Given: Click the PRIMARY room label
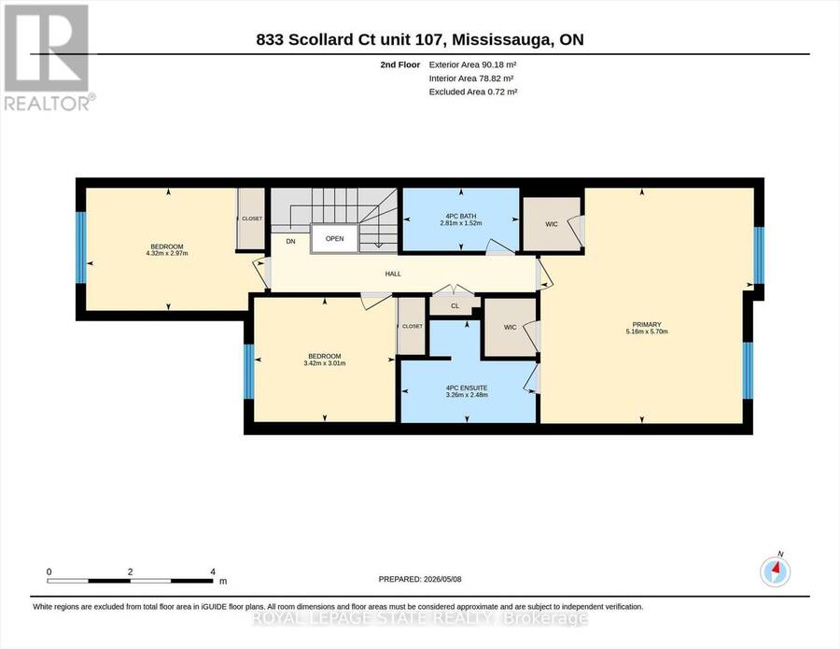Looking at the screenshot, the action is pyautogui.click(x=647, y=324).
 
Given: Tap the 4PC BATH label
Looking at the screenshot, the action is pyautogui.click(x=461, y=216).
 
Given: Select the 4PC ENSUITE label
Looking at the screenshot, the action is pyautogui.click(x=467, y=388).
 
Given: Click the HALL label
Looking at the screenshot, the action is pyautogui.click(x=393, y=274).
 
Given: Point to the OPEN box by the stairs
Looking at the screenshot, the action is pyautogui.click(x=334, y=239).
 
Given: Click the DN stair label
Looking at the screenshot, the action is pyautogui.click(x=290, y=242).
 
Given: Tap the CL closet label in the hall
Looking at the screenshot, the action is pyautogui.click(x=455, y=306).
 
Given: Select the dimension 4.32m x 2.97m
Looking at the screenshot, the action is pyautogui.click(x=167, y=253).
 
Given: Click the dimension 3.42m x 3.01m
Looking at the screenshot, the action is pyautogui.click(x=325, y=363).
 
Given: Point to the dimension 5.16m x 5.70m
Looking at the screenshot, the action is pyautogui.click(x=647, y=332).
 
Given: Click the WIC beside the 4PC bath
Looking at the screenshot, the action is pyautogui.click(x=552, y=224).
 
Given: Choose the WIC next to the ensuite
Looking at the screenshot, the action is pyautogui.click(x=510, y=328).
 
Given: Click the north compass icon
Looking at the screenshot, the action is pyautogui.click(x=776, y=571).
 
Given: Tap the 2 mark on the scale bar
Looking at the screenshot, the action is pyautogui.click(x=130, y=571).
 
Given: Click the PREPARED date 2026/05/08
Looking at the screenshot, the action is pyautogui.click(x=442, y=579).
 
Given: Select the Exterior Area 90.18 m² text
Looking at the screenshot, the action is pyautogui.click(x=472, y=64).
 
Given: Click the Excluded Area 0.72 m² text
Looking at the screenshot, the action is pyautogui.click(x=473, y=92).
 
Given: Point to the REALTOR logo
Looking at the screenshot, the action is pyautogui.click(x=48, y=57).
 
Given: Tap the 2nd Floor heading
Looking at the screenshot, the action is pyautogui.click(x=400, y=64).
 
